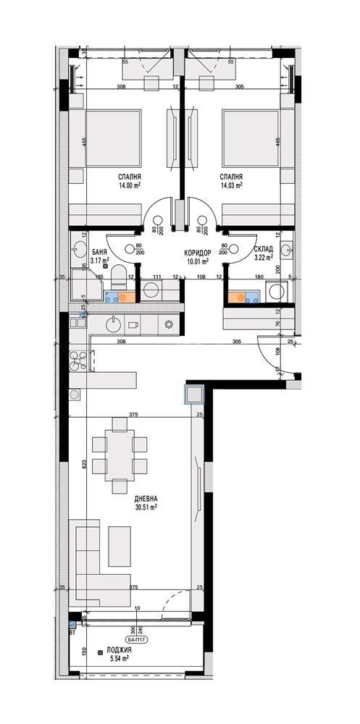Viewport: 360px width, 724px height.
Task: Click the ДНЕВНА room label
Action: coord(146,499)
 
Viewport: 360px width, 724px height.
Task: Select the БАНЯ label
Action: coord(100,251)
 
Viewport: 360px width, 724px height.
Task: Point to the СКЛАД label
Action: coord(263,248)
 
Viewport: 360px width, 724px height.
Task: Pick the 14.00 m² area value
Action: coord(130,185)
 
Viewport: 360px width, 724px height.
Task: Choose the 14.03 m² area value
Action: coord(232,185)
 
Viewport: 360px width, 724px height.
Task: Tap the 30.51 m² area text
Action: coord(146,508)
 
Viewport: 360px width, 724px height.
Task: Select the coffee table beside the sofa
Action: coord(120,546)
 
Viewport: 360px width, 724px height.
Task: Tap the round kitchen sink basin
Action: coord(114,324)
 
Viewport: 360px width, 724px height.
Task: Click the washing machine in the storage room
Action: coord(276,291)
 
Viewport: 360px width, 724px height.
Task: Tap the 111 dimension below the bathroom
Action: coord(156,277)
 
